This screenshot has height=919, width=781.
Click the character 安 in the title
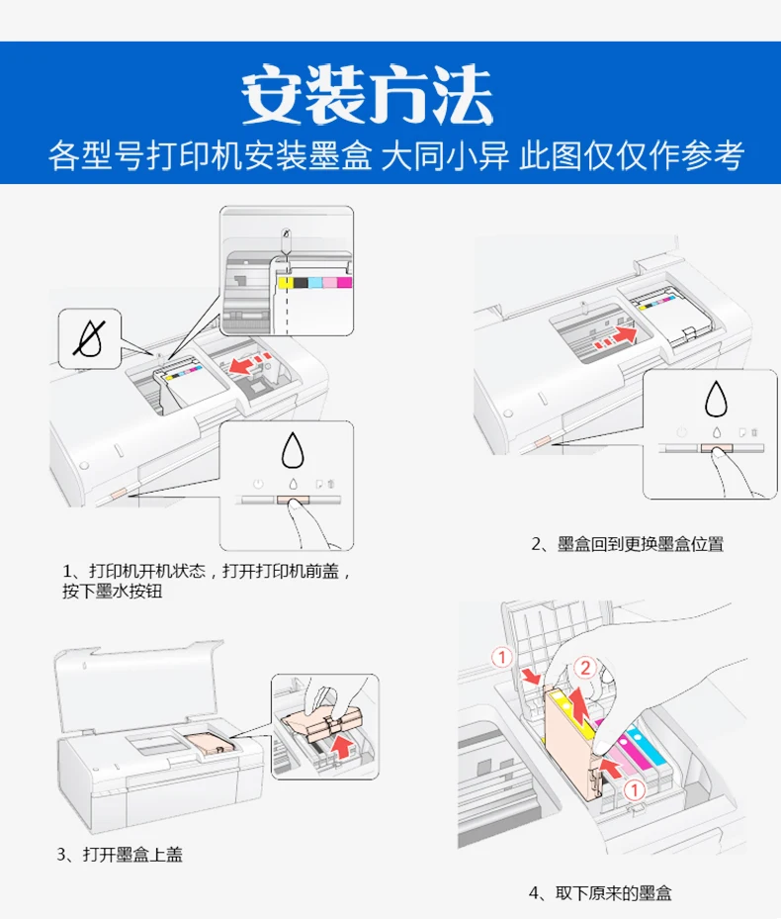[x=273, y=94]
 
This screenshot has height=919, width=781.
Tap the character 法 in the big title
[x=461, y=94]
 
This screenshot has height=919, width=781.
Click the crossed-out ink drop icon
[x=90, y=338]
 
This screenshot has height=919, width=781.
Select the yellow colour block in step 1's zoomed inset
[x=285, y=283]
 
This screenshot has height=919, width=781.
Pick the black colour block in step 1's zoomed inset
[x=300, y=283]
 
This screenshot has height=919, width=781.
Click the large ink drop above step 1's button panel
[x=293, y=450]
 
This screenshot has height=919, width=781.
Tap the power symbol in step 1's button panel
[x=258, y=485]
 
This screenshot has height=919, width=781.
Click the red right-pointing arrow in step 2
[x=623, y=335]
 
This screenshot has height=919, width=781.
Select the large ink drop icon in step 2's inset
[x=716, y=398]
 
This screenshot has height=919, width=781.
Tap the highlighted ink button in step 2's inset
[x=717, y=448]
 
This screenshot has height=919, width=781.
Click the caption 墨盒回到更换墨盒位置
[x=641, y=544]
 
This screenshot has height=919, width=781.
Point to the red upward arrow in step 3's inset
[x=343, y=747]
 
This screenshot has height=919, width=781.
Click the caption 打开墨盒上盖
[x=132, y=855]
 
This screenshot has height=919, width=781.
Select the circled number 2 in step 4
[x=584, y=668]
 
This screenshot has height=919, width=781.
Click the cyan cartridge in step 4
[x=647, y=746]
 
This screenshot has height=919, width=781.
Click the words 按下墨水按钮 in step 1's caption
[x=113, y=591]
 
